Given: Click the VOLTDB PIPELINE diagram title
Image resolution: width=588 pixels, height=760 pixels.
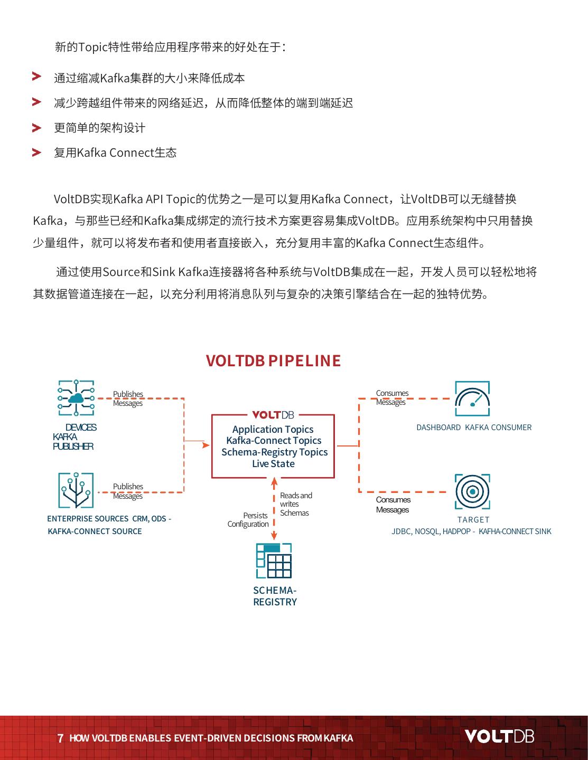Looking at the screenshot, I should pos(273,360).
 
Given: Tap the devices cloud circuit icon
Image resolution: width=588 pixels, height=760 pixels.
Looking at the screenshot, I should pos(76,398).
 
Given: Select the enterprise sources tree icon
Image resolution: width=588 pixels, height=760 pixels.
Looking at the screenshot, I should pos(76,490).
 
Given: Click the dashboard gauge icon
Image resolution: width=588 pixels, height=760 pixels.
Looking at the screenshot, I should pos(472,399).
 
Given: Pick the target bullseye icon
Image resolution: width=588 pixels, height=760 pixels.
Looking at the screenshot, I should pos(472,491).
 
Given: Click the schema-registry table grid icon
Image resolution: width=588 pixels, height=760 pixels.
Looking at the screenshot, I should pos(274,561).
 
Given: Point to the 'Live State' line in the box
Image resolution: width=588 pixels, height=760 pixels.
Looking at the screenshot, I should pos(273,463).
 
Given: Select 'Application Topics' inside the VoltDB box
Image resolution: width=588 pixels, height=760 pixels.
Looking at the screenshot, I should pos(273,429).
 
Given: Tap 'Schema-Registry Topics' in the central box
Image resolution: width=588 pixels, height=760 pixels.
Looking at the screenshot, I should pos(274,452).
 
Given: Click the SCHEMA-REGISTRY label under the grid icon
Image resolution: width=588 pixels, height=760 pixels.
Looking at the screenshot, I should pos(275,596).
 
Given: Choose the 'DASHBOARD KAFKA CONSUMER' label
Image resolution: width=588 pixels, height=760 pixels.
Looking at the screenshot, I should pos(474,427).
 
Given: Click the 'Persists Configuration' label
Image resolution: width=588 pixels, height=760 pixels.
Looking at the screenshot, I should pos(248,520).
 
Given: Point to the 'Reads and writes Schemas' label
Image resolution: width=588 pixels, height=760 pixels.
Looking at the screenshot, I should pos(296,504).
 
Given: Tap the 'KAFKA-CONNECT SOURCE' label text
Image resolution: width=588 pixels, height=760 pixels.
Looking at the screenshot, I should pos(95,531).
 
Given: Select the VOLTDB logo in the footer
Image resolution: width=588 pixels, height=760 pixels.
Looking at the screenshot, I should pos(499,736).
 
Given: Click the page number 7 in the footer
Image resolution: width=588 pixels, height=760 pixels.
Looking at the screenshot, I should pos(60,738).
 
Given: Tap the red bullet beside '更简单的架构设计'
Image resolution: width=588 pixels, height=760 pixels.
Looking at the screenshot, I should pos(36,128).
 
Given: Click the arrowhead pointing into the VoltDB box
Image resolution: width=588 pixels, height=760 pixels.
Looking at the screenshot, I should pos(206,445).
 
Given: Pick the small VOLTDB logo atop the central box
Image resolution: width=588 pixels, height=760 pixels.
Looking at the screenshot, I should pos(273,415).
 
